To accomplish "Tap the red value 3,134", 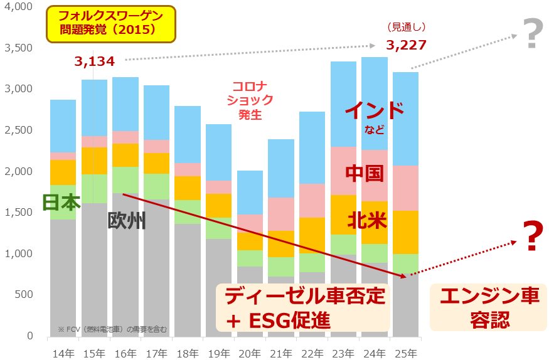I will coord(94,61).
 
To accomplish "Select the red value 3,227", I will coord(406,45).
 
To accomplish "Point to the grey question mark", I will coord(531,35).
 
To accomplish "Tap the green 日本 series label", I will coord(61,203).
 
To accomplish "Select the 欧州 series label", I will coord(127,221).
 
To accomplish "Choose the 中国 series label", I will coord(365,174).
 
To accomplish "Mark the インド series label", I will coord(375,111).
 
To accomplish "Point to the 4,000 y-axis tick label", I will coord(19,7).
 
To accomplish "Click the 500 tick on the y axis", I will coord(24,295).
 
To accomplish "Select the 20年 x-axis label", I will coord(250,353).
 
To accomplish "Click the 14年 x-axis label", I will coord(63,353).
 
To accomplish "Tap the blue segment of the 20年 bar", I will coord(250,193).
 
